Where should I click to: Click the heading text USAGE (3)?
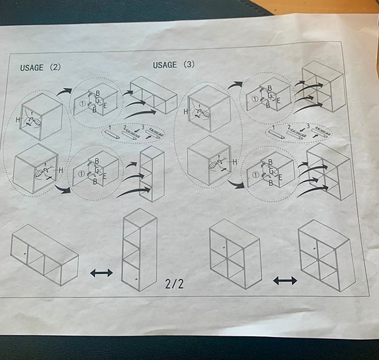(174, 65)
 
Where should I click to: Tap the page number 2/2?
(174, 284)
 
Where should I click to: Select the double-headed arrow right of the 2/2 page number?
(285, 280)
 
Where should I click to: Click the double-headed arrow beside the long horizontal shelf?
(101, 272)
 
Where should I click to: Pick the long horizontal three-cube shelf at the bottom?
(44, 254)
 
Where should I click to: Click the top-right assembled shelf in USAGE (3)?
(322, 86)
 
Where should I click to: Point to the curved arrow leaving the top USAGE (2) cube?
(64, 92)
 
